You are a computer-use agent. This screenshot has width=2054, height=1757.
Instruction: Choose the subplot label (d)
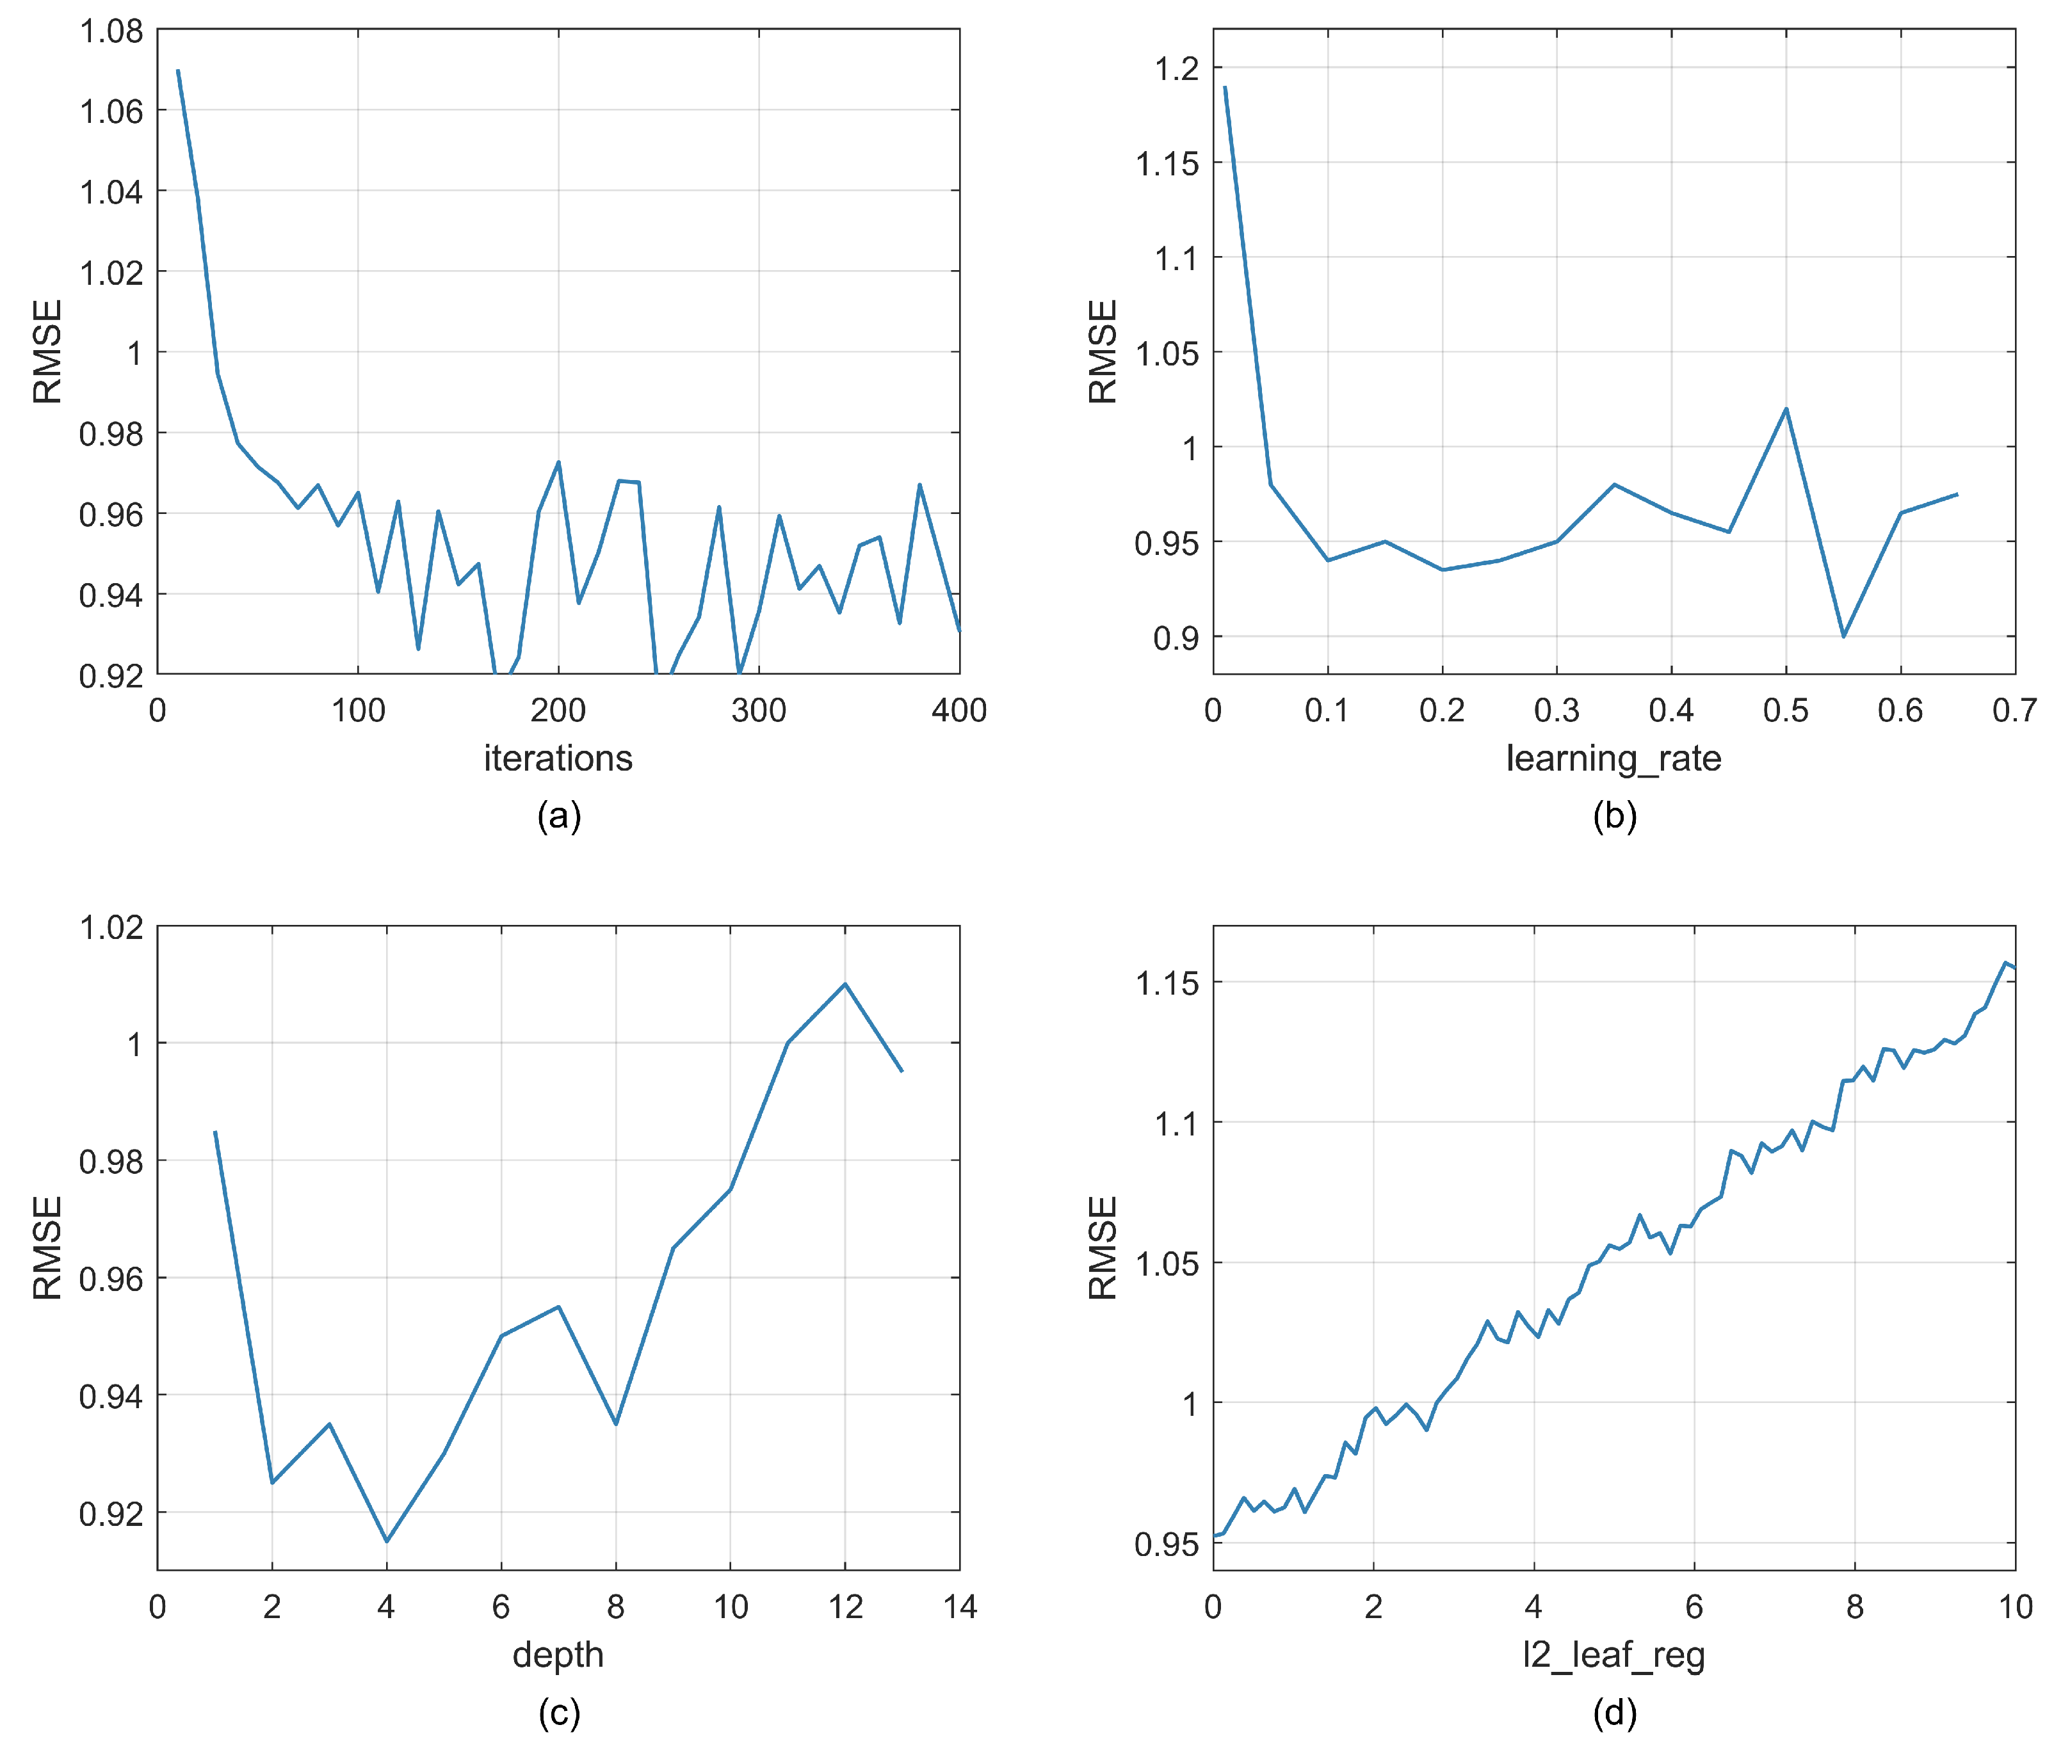point(1614,1712)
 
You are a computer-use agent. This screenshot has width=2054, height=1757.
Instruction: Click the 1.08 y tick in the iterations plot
point(111,31)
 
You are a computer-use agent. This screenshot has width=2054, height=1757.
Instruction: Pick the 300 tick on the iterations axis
point(758,710)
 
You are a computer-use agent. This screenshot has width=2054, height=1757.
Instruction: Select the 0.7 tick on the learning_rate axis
point(2014,710)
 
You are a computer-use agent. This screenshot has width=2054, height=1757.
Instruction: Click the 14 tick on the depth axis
point(960,1607)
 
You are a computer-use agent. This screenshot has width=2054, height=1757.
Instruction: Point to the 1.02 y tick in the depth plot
point(111,927)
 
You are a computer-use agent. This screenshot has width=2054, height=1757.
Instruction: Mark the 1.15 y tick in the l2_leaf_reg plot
point(1167,983)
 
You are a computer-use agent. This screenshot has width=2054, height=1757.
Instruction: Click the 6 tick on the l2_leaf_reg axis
point(1694,1607)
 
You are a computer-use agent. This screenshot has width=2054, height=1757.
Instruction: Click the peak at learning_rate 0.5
point(1785,408)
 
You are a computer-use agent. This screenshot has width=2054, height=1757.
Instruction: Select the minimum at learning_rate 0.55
point(1843,636)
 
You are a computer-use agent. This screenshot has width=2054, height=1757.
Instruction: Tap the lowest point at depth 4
point(387,1541)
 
